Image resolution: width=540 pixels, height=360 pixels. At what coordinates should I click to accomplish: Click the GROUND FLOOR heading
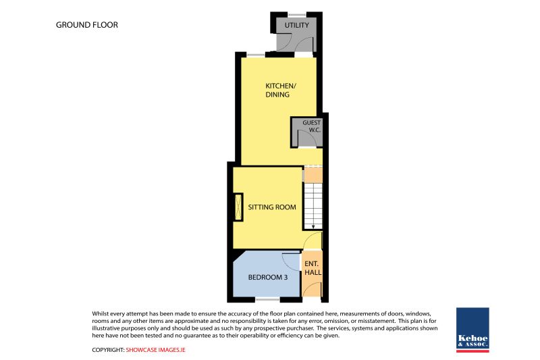(x=87, y=25)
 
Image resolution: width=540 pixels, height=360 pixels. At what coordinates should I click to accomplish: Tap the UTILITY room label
(x=296, y=25)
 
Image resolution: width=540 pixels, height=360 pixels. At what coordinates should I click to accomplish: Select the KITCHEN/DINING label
(x=280, y=90)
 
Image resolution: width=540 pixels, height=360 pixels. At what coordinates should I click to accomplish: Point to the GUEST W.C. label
(x=311, y=126)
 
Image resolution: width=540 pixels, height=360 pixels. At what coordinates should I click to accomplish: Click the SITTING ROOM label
(x=272, y=207)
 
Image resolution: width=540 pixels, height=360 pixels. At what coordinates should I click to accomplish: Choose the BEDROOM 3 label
(x=267, y=278)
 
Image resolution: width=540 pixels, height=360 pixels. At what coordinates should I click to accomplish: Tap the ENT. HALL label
(x=313, y=268)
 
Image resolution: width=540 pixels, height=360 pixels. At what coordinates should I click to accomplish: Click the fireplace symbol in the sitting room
(x=238, y=207)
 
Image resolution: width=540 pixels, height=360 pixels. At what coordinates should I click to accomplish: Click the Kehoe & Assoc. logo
(x=473, y=330)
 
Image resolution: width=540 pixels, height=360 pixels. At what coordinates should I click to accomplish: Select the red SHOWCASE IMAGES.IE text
(x=155, y=350)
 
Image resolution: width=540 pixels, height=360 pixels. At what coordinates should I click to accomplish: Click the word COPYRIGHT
(x=108, y=350)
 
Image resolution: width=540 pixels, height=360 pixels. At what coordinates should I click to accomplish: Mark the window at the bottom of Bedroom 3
(x=267, y=300)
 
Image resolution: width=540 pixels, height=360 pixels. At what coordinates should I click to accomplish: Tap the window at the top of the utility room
(x=296, y=15)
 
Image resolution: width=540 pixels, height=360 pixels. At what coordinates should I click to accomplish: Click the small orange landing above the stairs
(x=313, y=174)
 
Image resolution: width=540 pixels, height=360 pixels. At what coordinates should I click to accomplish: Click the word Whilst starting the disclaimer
(x=100, y=313)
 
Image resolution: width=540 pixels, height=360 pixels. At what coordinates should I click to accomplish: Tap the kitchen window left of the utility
(x=256, y=55)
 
